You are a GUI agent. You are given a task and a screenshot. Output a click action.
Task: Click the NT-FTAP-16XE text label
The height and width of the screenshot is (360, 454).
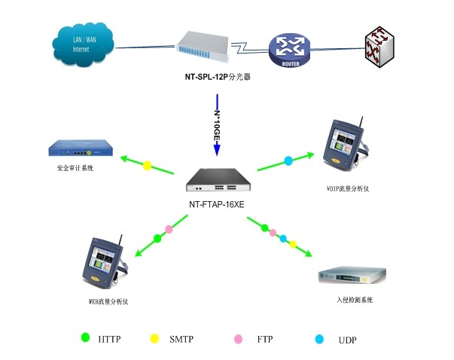pos(217,203)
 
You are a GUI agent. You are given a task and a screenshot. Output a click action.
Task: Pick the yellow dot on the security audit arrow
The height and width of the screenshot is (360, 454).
pos(148,165)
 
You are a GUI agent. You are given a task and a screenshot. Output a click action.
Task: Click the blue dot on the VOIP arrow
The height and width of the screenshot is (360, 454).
pos(288,160)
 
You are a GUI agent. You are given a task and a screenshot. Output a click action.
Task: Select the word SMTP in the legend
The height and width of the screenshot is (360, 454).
pos(181,340)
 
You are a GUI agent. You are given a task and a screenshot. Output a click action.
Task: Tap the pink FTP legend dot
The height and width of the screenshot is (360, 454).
pos(237,339)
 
